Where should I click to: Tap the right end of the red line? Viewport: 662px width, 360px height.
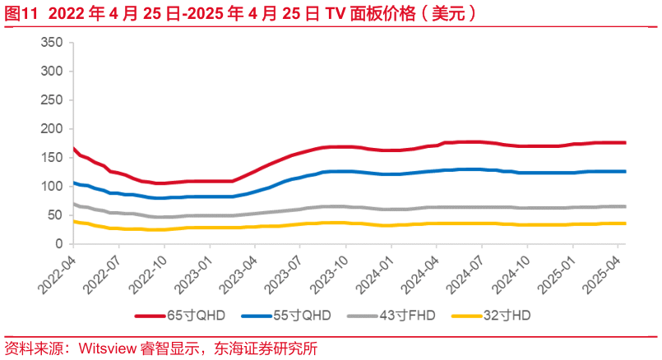625,143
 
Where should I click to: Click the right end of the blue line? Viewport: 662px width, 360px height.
625,172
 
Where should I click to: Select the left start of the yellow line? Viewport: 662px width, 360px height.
74,221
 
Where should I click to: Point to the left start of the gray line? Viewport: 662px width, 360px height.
74,204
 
